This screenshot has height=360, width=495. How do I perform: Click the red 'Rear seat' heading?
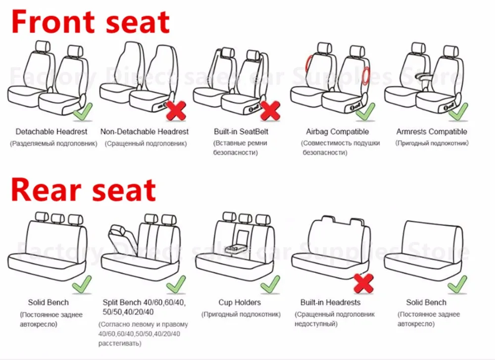pyautogui.click(x=83, y=190)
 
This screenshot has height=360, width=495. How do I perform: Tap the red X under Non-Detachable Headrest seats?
pyautogui.click(x=176, y=111)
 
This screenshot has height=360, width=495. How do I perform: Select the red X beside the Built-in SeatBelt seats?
pyautogui.click(x=270, y=111)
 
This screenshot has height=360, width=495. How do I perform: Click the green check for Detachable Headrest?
pyautogui.click(x=83, y=112)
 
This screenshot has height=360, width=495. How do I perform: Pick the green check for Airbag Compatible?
pyautogui.click(x=366, y=112)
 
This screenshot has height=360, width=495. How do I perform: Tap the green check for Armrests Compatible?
pyautogui.click(x=458, y=112)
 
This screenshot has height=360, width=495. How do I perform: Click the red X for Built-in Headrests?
pyautogui.click(x=364, y=284)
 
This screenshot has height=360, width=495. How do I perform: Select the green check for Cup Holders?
pyautogui.click(x=270, y=284)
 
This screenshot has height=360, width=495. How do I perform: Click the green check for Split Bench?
pyautogui.click(x=176, y=284)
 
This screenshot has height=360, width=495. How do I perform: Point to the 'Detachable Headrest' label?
pyautogui.click(x=51, y=132)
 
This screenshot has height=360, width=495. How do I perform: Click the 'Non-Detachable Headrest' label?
pyautogui.click(x=144, y=132)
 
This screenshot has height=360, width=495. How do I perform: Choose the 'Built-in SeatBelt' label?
pyautogui.click(x=241, y=132)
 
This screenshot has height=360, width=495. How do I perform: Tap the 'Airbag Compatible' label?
pyautogui.click(x=337, y=132)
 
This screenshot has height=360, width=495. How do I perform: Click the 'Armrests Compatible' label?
pyautogui.click(x=432, y=132)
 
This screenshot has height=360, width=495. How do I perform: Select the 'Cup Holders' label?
pyautogui.click(x=240, y=303)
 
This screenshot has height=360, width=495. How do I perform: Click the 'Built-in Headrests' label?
pyautogui.click(x=330, y=303)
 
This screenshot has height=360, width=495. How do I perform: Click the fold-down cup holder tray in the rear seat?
pyautogui.click(x=234, y=249)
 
